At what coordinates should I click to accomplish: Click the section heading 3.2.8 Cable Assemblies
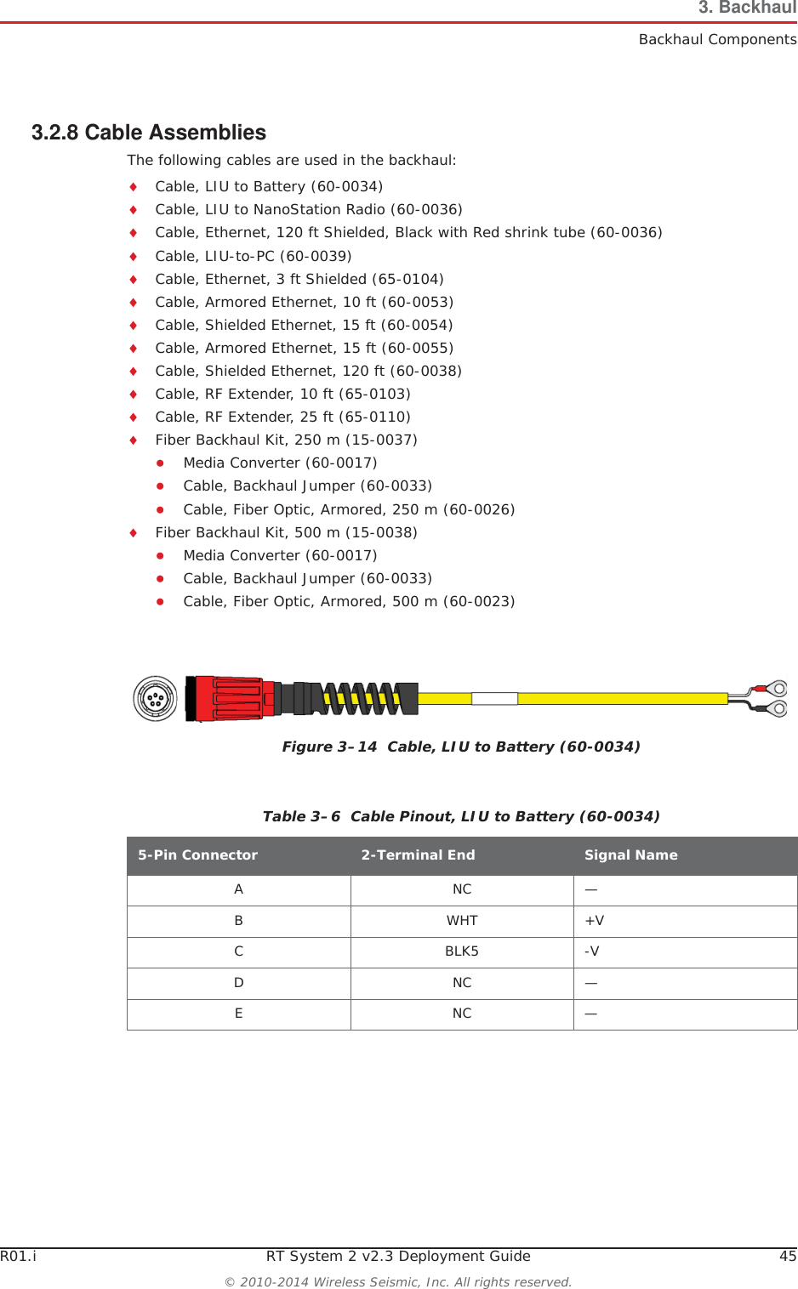pyautogui.click(x=149, y=133)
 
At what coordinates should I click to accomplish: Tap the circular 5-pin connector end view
pyautogui.click(x=155, y=699)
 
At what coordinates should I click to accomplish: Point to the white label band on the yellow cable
pyautogui.click(x=494, y=699)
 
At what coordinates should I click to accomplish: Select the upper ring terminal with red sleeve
pyautogui.click(x=776, y=688)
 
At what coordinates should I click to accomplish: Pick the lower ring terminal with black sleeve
pyautogui.click(x=776, y=708)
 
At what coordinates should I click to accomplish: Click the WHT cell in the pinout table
pyautogui.click(x=462, y=921)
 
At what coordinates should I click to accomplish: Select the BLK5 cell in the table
pyautogui.click(x=462, y=951)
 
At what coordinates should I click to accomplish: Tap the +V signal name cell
pyautogui.click(x=595, y=921)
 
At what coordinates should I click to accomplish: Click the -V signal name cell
pyautogui.click(x=592, y=951)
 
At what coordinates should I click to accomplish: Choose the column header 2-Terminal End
pyautogui.click(x=418, y=855)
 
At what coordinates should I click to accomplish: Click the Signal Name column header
pyautogui.click(x=630, y=855)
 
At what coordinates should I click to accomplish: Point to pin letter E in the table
pyautogui.click(x=239, y=1014)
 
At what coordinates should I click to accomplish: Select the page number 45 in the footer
pyautogui.click(x=788, y=1256)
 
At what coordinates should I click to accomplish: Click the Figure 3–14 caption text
pyautogui.click(x=461, y=747)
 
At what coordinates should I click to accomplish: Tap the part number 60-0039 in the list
pyautogui.click(x=316, y=256)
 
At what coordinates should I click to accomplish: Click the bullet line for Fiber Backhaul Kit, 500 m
pyautogui.click(x=286, y=532)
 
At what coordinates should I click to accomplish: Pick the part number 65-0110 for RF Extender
pyautogui.click(x=374, y=417)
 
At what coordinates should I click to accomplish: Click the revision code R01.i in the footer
pyautogui.click(x=18, y=1256)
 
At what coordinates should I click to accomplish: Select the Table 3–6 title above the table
pyautogui.click(x=461, y=816)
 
